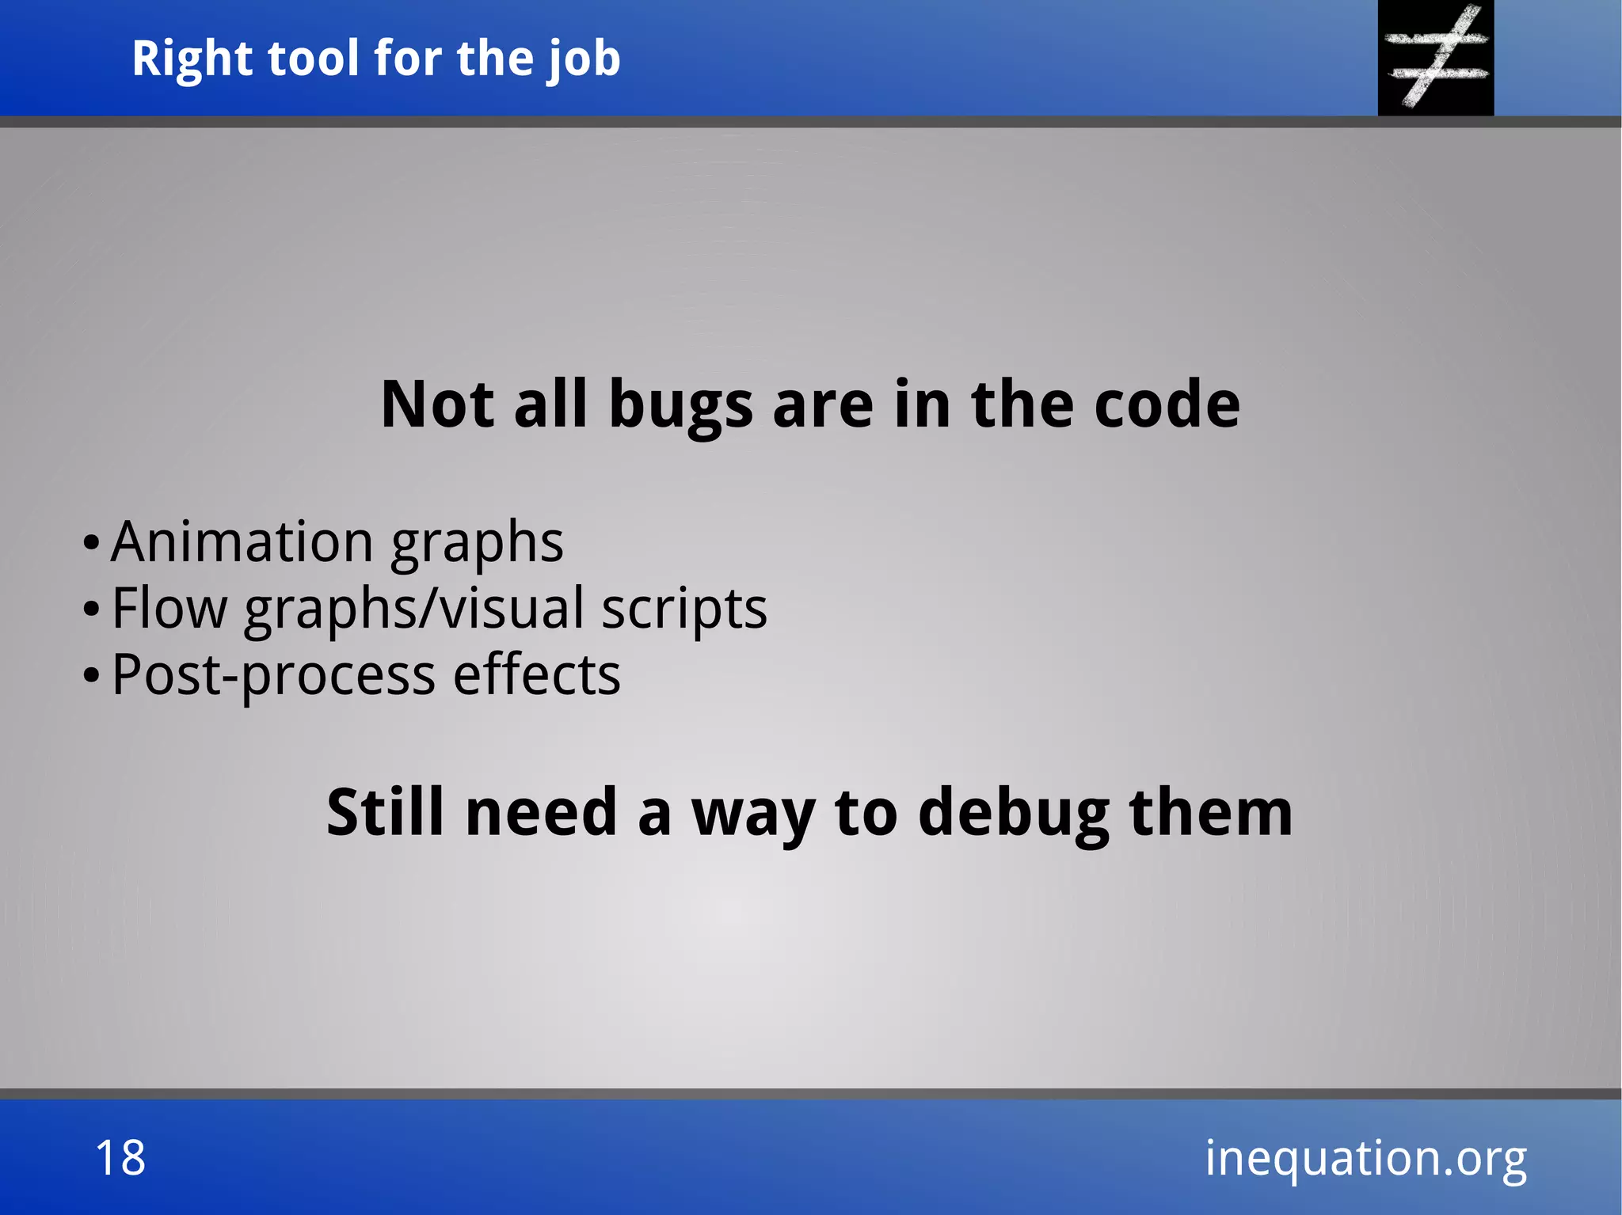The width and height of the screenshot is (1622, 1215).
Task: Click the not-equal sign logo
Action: point(1436,57)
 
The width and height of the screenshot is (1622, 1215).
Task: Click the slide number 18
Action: point(120,1158)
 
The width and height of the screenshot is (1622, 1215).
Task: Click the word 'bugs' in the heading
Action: point(680,406)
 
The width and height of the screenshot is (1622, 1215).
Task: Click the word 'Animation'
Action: point(242,542)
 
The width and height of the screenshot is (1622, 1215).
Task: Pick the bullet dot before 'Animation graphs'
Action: point(91,544)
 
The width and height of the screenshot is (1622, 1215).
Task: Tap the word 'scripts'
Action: point(684,609)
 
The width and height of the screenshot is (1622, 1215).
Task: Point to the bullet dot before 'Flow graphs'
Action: point(91,610)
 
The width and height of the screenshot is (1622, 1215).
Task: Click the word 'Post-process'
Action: point(273,676)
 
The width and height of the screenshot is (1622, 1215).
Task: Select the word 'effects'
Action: point(536,674)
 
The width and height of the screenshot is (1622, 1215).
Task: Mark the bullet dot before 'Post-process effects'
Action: point(91,677)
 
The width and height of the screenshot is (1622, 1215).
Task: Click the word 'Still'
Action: point(386,813)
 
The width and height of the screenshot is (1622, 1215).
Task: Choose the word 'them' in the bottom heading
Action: point(1211,813)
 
